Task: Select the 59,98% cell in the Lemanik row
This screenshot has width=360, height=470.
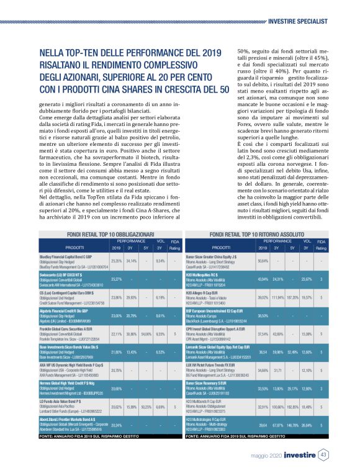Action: point(280,351)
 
